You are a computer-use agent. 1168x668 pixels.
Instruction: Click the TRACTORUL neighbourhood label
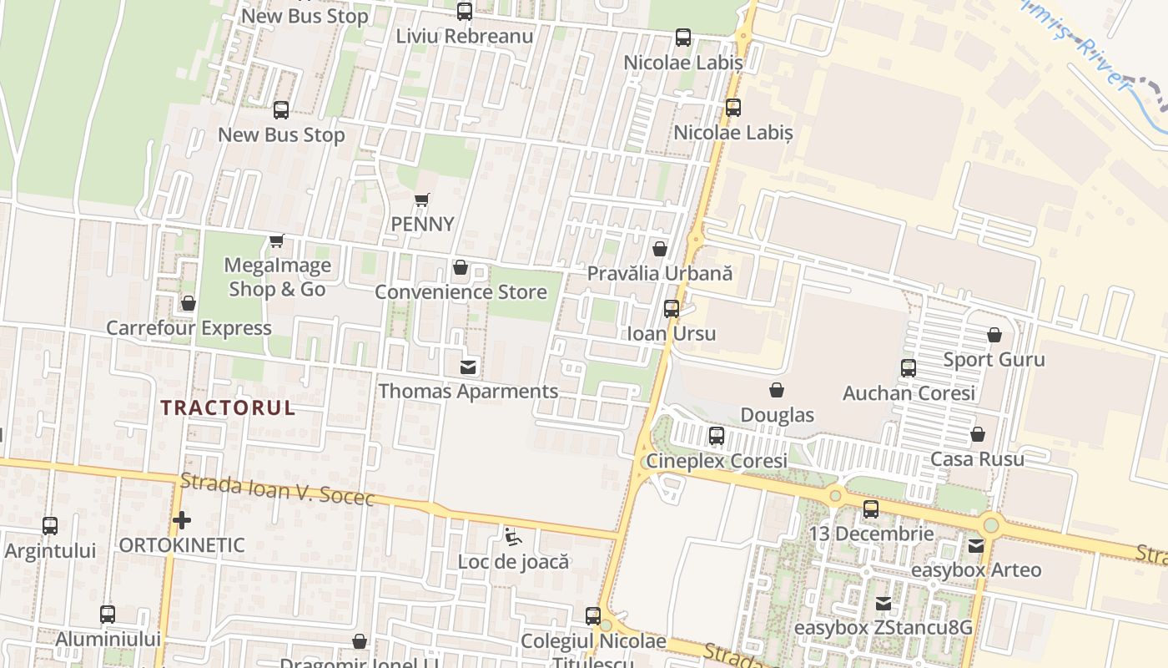pyautogui.click(x=228, y=407)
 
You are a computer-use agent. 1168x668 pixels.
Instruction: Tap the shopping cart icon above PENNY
pyautogui.click(x=422, y=200)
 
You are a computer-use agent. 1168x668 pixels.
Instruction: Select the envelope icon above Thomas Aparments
pyautogui.click(x=468, y=367)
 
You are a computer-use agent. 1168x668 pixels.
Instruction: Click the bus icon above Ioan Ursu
pyautogui.click(x=671, y=309)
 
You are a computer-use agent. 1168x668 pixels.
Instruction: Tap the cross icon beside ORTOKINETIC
pyautogui.click(x=181, y=521)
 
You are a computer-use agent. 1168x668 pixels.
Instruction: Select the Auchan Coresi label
pyautogui.click(x=909, y=392)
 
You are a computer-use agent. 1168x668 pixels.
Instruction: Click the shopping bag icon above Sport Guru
pyautogui.click(x=994, y=335)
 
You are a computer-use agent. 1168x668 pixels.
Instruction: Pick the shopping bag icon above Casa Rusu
pyautogui.click(x=977, y=435)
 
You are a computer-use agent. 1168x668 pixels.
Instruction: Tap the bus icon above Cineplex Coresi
pyautogui.click(x=716, y=436)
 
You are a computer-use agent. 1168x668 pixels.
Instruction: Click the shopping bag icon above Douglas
pyautogui.click(x=777, y=390)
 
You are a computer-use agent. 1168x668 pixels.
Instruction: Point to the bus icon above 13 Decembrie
pyautogui.click(x=871, y=509)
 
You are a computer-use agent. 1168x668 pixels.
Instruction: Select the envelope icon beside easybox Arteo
pyautogui.click(x=975, y=546)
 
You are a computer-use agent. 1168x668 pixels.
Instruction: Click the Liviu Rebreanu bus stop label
pyautogui.click(x=464, y=36)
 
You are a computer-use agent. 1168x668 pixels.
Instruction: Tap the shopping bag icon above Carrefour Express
pyautogui.click(x=189, y=303)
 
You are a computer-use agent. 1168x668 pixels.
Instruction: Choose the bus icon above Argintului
pyautogui.click(x=50, y=526)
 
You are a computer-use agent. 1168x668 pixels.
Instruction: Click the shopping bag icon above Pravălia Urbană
pyautogui.click(x=659, y=249)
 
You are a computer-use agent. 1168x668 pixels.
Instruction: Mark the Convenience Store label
pyautogui.click(x=461, y=292)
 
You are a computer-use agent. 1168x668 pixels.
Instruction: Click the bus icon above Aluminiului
pyautogui.click(x=108, y=615)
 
